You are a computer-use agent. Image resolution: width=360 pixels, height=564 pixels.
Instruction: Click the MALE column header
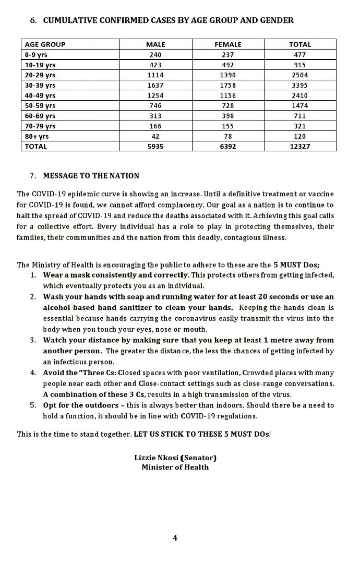[x=155, y=44]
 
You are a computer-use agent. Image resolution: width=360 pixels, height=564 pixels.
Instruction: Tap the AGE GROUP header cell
[x=45, y=44]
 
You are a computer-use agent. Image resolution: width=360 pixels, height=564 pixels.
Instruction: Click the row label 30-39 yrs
[x=40, y=85]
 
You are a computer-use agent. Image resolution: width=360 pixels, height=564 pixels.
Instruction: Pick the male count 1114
[x=155, y=75]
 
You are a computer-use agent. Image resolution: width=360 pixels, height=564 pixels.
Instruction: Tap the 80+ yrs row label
[x=37, y=136]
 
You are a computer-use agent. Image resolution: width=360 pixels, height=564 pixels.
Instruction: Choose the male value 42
[x=155, y=136]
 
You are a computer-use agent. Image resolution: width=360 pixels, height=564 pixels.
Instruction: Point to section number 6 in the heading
[x=33, y=20]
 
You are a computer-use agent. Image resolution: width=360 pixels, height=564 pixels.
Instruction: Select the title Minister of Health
[x=175, y=467]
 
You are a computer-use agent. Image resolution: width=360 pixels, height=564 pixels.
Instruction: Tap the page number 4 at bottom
[x=175, y=538]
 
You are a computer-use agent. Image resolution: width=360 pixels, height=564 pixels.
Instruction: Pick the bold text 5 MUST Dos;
[x=296, y=264]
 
